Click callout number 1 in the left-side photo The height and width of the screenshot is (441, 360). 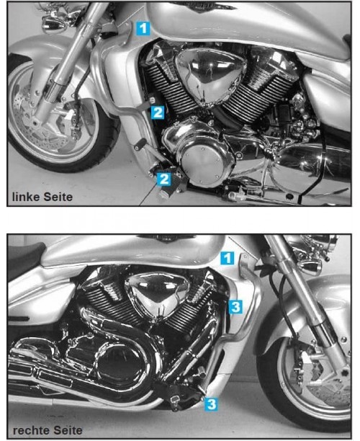coord(144,28)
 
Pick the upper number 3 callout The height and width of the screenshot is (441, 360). coord(237,307)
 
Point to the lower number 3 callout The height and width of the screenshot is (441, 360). coord(211,404)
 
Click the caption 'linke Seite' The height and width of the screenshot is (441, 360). coord(42,195)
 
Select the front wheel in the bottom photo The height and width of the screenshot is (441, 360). coord(302,389)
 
